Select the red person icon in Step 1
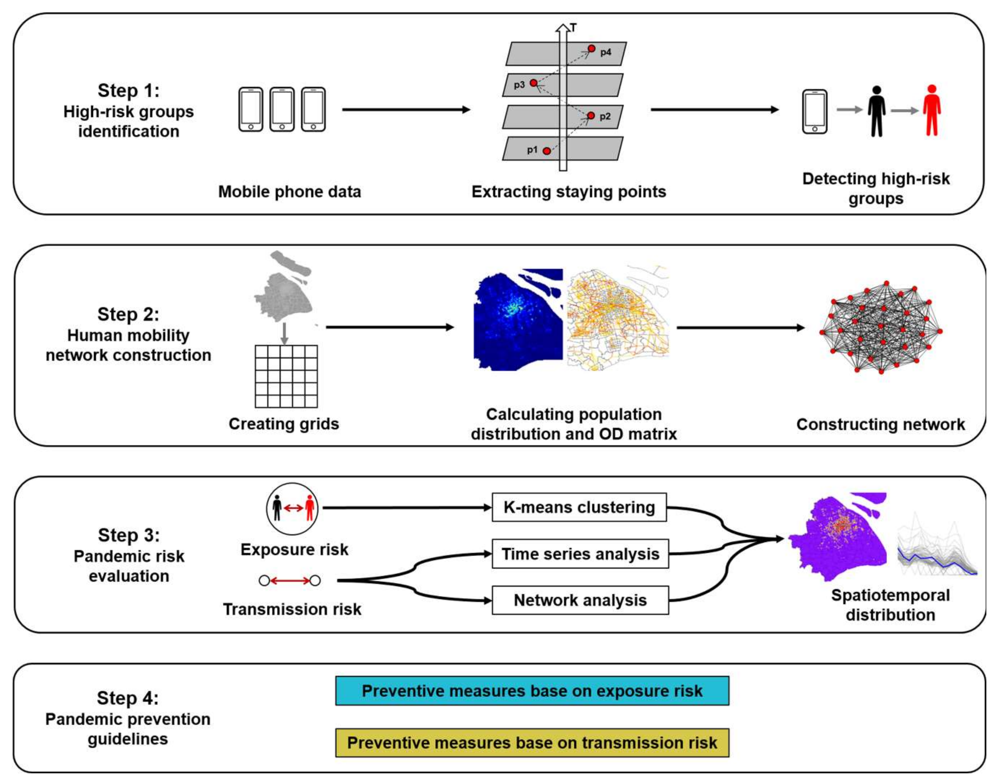coord(932,111)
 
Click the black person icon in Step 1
coord(877,112)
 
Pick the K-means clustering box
coord(579,507)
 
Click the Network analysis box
coord(580,600)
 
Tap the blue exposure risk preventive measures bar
coord(532,691)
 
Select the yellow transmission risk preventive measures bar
coord(532,743)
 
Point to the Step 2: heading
coord(128,314)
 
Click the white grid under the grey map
coord(286,376)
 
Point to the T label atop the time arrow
coord(573,28)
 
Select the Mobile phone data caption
coord(290,191)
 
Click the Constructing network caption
coord(880,425)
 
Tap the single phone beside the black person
coord(815,112)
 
